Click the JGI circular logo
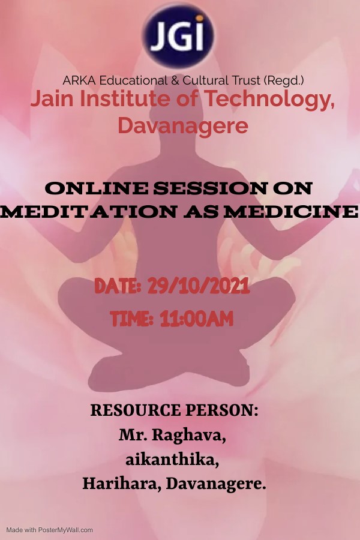[x=178, y=35]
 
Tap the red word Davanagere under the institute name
[x=183, y=126]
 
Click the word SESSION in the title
[x=210, y=188]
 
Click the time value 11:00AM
[x=196, y=319]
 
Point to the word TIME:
[x=131, y=319]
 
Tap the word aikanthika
[x=172, y=460]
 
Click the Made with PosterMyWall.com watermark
[x=50, y=530]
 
